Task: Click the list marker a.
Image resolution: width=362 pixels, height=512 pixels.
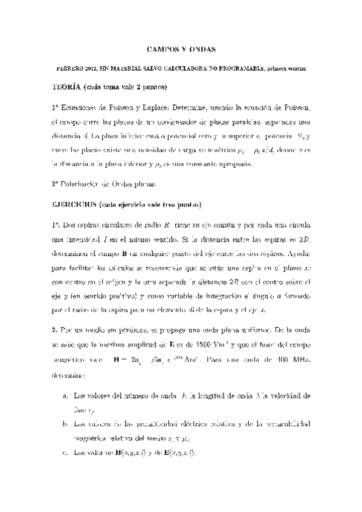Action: pyautogui.click(x=65, y=396)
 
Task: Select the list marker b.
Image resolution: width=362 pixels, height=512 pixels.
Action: pyautogui.click(x=65, y=424)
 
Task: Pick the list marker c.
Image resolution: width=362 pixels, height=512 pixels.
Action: pyautogui.click(x=65, y=452)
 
